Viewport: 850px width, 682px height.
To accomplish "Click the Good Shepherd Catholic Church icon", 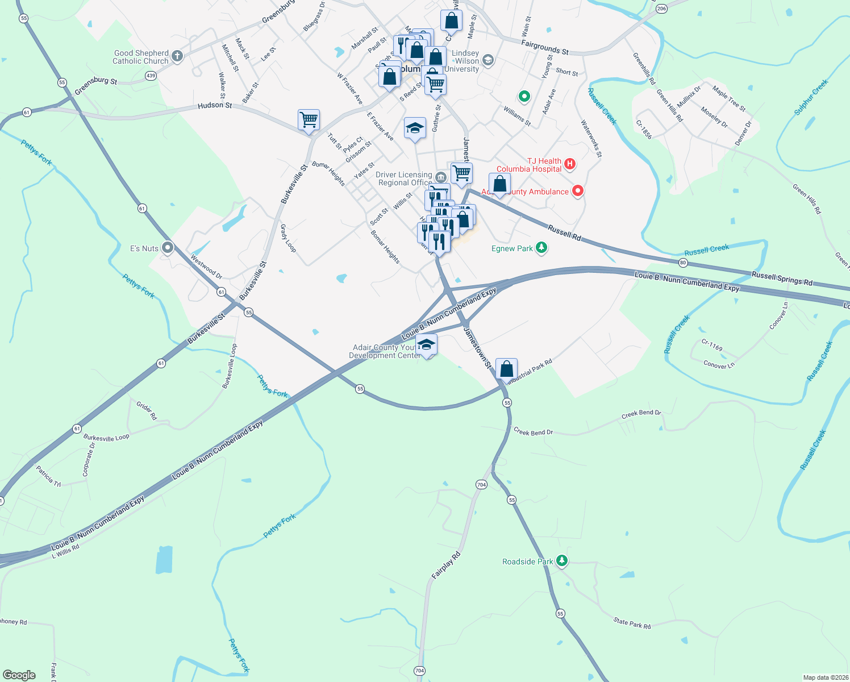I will coord(177,56).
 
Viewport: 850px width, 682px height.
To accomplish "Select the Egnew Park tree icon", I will coord(541,248).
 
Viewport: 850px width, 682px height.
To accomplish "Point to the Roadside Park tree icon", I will coord(562,561).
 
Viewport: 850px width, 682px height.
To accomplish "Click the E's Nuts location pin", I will coord(168,248).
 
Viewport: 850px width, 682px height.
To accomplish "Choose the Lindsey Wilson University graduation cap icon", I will coord(488,60).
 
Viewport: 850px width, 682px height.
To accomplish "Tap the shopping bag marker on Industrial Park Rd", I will coord(506,368).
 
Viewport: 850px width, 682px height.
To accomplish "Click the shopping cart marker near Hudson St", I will coord(309,120).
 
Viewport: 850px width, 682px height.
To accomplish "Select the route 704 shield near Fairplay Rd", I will coord(481,484).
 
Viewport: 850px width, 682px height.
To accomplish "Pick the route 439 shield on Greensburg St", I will coord(151,75).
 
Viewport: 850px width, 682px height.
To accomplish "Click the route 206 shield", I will coord(661,9).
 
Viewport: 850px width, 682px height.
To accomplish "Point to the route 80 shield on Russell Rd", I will coord(683,263).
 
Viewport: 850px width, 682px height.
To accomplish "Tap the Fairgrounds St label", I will coord(545,47).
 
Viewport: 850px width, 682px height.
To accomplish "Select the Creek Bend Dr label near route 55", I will coord(533,432).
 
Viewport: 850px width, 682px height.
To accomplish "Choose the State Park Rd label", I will coord(632,623).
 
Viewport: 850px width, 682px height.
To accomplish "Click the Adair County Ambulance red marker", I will coord(578,191).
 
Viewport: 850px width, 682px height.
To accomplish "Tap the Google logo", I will coord(19,675).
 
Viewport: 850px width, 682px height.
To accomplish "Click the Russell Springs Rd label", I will coord(782,278).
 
